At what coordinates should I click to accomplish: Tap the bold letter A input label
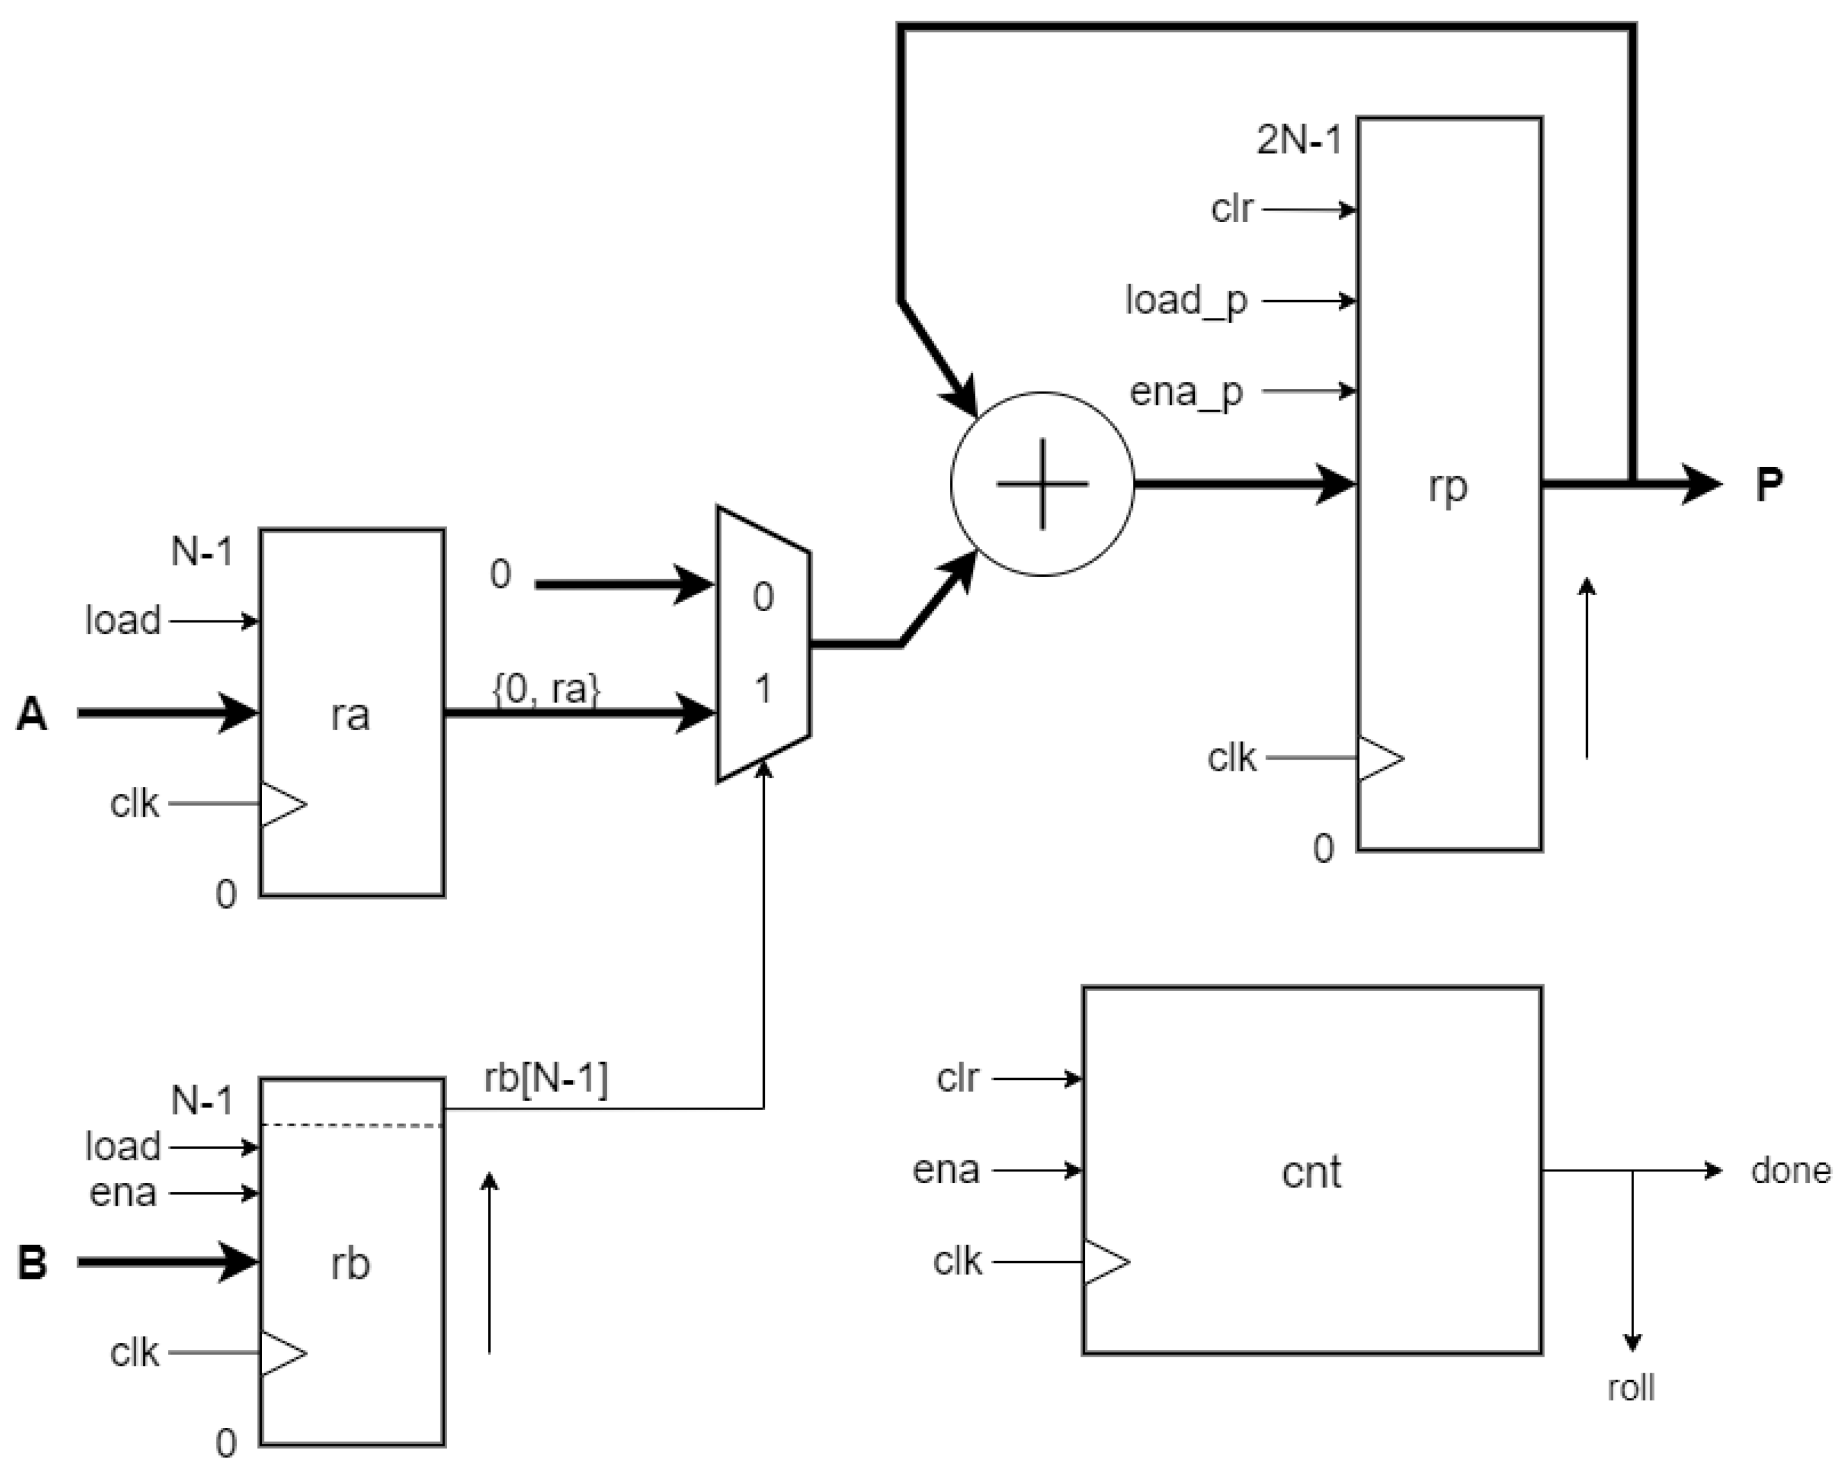[32, 713]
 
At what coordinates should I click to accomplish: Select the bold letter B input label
[32, 1263]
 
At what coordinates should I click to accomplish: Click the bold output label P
[1769, 485]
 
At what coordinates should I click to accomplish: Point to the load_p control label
[1186, 301]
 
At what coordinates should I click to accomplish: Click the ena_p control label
[1186, 392]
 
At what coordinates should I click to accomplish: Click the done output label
[1790, 1170]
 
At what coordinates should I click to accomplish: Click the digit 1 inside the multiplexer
[762, 688]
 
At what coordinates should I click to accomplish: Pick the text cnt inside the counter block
[1311, 1171]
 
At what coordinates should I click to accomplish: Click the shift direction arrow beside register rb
[489, 1263]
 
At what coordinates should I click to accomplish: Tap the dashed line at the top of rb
[351, 1125]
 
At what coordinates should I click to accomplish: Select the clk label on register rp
[1232, 758]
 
